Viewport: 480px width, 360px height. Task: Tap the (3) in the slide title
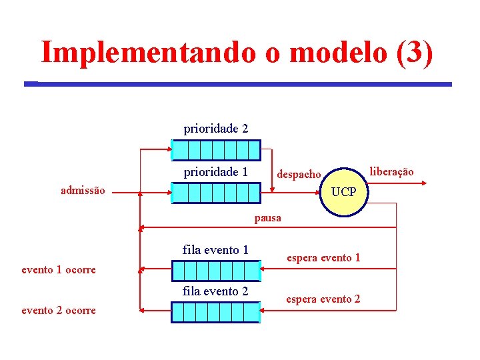click(414, 52)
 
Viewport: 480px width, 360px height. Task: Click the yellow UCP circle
click(343, 192)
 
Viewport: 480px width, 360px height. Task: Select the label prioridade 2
click(215, 128)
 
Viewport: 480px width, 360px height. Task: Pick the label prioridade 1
click(215, 172)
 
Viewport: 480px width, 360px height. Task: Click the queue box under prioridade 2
click(215, 149)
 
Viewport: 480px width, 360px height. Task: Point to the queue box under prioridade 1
click(215, 193)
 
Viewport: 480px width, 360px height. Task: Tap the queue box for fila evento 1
click(215, 270)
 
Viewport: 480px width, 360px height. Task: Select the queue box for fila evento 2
click(215, 311)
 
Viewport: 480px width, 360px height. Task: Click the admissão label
click(83, 191)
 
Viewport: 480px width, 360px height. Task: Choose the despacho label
click(299, 175)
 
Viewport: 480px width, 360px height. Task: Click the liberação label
click(391, 172)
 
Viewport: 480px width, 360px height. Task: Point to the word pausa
click(267, 218)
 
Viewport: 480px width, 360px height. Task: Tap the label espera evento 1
click(323, 257)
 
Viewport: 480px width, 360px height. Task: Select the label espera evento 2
click(323, 299)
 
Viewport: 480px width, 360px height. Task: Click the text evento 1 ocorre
click(59, 270)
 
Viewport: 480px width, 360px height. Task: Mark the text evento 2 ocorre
click(59, 310)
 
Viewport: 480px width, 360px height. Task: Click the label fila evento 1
click(215, 250)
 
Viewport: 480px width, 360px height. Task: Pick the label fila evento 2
click(215, 291)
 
